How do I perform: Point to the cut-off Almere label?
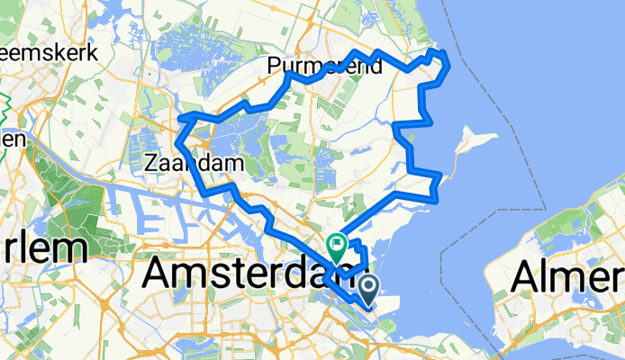click(567, 278)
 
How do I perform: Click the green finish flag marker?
click(337, 242)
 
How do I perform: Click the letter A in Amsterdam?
click(159, 271)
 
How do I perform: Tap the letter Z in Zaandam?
click(150, 164)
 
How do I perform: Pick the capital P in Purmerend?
click(273, 66)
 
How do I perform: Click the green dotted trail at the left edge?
click(5, 99)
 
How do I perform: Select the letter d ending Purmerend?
click(376, 66)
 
